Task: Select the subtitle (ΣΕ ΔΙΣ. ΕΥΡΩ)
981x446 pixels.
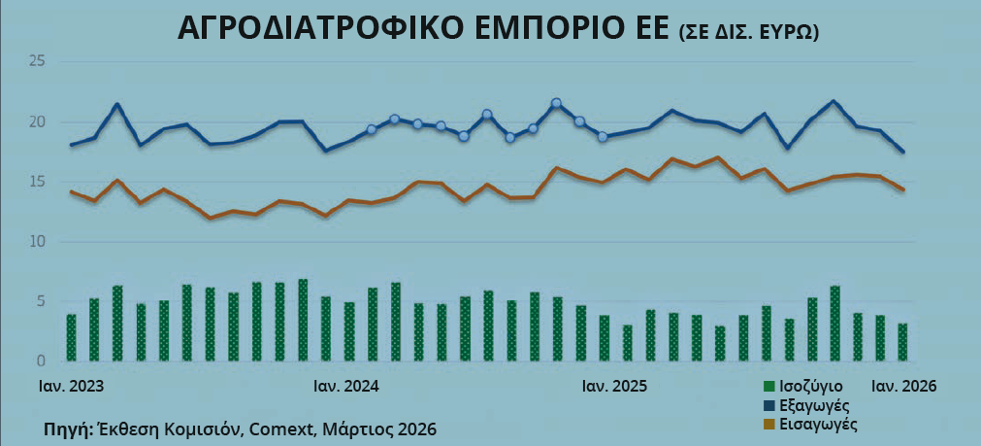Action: pyautogui.click(x=747, y=33)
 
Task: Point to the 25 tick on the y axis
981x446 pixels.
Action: pyautogui.click(x=38, y=62)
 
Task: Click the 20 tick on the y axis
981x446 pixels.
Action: pyautogui.click(x=38, y=121)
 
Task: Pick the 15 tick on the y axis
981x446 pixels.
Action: pyautogui.click(x=38, y=182)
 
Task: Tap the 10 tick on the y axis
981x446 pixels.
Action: pyautogui.click(x=38, y=241)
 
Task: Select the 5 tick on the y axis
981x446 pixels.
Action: pyautogui.click(x=42, y=301)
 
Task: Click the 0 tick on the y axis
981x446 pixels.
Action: pyautogui.click(x=42, y=360)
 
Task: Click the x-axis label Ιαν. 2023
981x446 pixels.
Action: pyautogui.click(x=71, y=386)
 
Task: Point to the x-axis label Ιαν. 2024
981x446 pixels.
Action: pyautogui.click(x=346, y=386)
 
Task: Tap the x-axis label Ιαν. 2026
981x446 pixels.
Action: pyautogui.click(x=903, y=386)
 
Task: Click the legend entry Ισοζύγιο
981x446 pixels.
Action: pyautogui.click(x=810, y=386)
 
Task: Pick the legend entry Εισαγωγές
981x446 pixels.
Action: pyautogui.click(x=820, y=424)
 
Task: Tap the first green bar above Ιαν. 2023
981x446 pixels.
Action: pyautogui.click(x=71, y=337)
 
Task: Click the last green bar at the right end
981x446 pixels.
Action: pyautogui.click(x=902, y=342)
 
